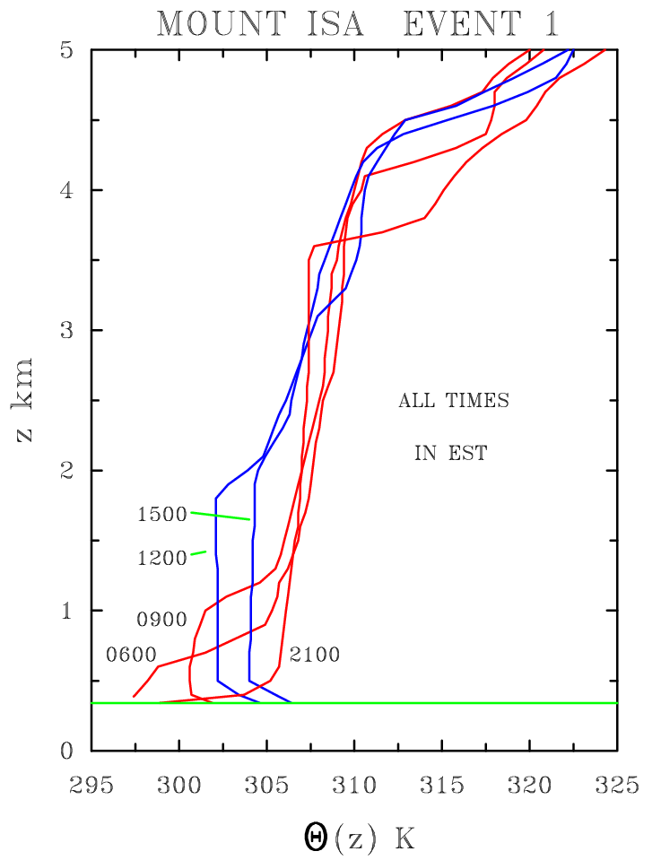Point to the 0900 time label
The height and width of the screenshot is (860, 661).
pos(161,620)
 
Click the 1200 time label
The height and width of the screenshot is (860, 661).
pos(161,558)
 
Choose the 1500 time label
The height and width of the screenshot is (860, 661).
pos(161,515)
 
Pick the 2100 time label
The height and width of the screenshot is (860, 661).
pos(315,655)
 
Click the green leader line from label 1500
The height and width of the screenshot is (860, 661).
pos(221,516)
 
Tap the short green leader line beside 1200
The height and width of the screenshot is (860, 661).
pos(199,553)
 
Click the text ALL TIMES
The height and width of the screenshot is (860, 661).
pos(454,401)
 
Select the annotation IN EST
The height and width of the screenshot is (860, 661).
pos(451,453)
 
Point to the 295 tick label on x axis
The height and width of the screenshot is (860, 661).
pos(92,787)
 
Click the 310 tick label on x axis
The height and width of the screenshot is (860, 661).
pos(354,787)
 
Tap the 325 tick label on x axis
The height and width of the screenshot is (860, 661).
pos(616,787)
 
